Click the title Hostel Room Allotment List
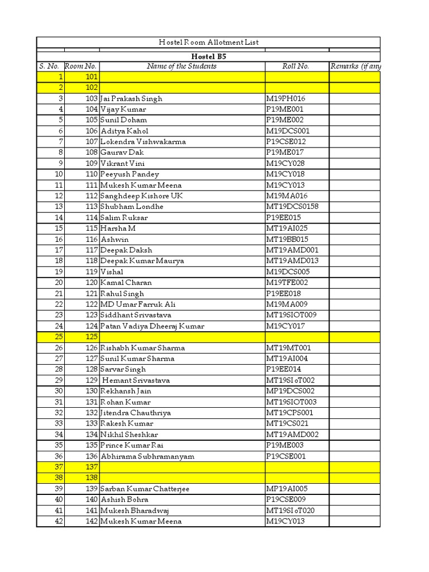[208, 42]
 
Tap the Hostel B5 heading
[208, 56]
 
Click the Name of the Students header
[182, 66]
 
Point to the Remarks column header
[355, 66]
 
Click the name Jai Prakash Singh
[131, 99]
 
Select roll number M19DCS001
[287, 131]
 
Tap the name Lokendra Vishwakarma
[143, 142]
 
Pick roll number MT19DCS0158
[292, 207]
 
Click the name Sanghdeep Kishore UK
[142, 196]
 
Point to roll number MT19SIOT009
[291, 315]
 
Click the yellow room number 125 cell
[82, 337]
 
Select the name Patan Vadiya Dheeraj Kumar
[152, 326]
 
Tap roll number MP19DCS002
[290, 391]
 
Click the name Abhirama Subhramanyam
[147, 456]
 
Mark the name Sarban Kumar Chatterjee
[145, 489]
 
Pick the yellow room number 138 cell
[82, 478]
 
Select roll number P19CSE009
[286, 500]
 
